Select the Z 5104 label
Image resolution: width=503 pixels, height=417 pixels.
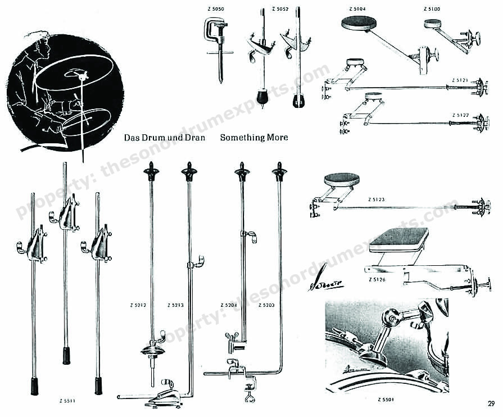tap(357, 10)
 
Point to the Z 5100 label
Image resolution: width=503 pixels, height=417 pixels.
tap(432, 10)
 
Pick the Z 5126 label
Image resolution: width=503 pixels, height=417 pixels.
tap(378, 279)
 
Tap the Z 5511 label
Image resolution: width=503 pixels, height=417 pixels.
tap(67, 401)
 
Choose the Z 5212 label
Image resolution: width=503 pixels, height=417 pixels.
tap(138, 305)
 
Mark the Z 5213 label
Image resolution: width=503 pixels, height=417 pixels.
tap(176, 305)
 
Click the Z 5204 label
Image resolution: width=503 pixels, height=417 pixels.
tap(229, 305)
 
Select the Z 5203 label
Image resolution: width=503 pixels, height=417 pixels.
tap(266, 305)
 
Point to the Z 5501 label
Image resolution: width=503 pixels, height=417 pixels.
tap(387, 400)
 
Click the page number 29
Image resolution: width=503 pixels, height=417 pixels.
tap(491, 402)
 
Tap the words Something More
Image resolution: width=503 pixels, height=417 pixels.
tap(254, 137)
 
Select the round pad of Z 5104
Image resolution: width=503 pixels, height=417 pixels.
tap(360, 23)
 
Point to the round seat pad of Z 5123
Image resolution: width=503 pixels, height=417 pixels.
tap(342, 180)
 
